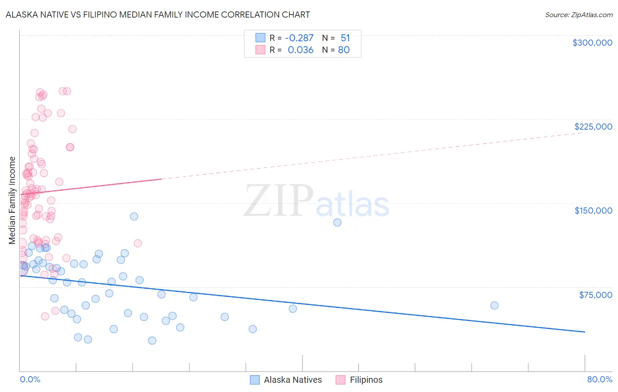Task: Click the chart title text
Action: click(158, 15)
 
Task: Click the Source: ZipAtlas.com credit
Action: click(578, 15)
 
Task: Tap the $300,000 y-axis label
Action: click(592, 43)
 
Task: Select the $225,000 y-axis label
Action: click(593, 127)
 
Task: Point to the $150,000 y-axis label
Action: click(593, 211)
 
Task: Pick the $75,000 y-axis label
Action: click(595, 295)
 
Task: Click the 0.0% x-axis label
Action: click(30, 380)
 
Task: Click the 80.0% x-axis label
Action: click(600, 380)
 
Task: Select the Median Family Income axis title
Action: click(12, 200)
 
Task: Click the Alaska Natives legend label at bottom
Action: click(293, 380)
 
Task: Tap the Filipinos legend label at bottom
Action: click(366, 380)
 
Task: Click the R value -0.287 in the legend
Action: click(299, 38)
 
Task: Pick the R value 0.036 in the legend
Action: click(301, 50)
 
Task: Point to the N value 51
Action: click(345, 38)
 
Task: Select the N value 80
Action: click(344, 50)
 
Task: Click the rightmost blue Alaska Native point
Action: click(494, 305)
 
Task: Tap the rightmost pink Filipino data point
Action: click(138, 243)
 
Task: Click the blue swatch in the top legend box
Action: click(260, 38)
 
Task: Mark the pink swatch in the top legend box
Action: click(260, 50)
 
